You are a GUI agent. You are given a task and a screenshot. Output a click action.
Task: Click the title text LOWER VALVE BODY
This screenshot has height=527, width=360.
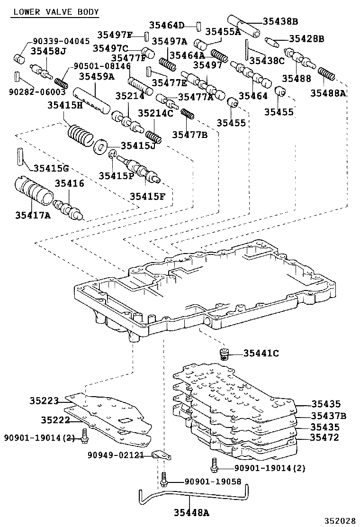[x=55, y=12]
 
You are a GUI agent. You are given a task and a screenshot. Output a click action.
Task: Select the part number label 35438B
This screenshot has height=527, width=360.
[x=280, y=21]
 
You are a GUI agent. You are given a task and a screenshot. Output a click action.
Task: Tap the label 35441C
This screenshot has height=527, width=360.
[x=261, y=353]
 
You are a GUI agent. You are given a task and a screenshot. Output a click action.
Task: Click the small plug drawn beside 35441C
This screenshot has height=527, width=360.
[x=224, y=354]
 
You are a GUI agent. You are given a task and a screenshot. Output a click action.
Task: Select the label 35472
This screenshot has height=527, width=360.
[x=325, y=437]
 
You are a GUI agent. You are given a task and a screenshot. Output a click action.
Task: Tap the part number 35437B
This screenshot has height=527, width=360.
[x=328, y=416]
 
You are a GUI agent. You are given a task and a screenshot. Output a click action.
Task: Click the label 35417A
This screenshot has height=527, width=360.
[x=33, y=215]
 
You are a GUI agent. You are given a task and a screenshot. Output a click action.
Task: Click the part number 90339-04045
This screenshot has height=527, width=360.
[x=61, y=41]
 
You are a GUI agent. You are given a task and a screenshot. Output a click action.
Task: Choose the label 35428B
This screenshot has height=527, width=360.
[x=306, y=39]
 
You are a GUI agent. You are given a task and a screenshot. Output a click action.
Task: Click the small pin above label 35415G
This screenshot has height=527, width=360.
[x=19, y=156]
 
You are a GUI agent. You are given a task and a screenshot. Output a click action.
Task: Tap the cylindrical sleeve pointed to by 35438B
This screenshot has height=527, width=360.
[x=244, y=27]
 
